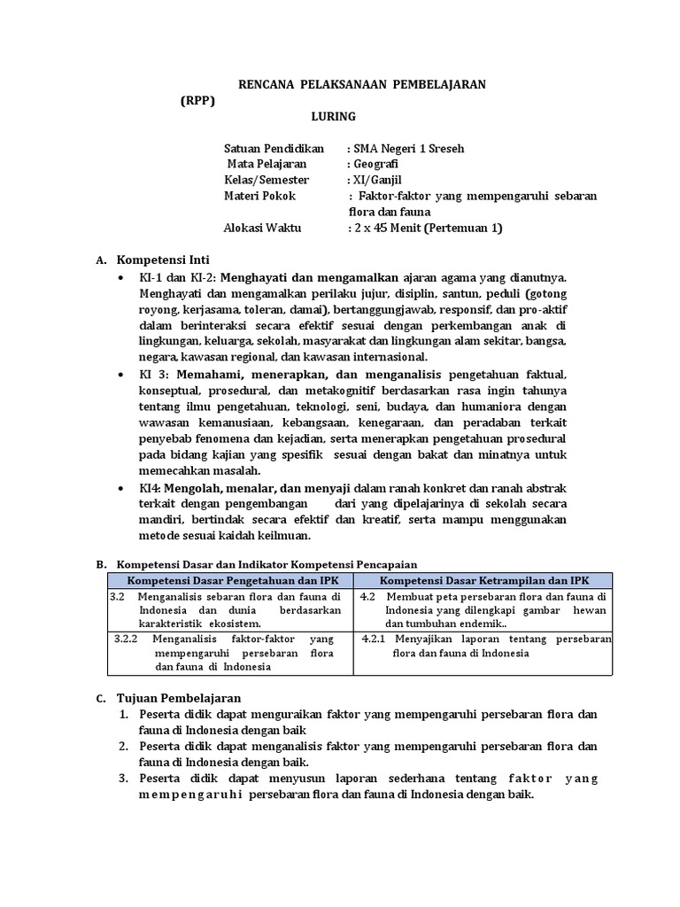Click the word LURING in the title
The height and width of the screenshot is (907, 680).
click(x=333, y=116)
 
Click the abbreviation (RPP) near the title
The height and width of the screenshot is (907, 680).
click(x=197, y=100)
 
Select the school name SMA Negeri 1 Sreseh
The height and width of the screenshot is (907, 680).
click(x=406, y=148)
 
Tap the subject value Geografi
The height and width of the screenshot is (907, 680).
click(x=375, y=164)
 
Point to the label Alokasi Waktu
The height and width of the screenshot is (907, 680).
click(x=263, y=228)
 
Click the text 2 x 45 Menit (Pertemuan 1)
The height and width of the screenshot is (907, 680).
click(x=428, y=228)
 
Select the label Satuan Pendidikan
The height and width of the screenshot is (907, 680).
click(x=274, y=148)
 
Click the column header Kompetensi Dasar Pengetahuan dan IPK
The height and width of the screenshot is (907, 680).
click(x=229, y=579)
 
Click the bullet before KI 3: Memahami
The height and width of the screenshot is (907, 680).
click(x=120, y=375)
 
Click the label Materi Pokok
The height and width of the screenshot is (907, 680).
click(x=260, y=196)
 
